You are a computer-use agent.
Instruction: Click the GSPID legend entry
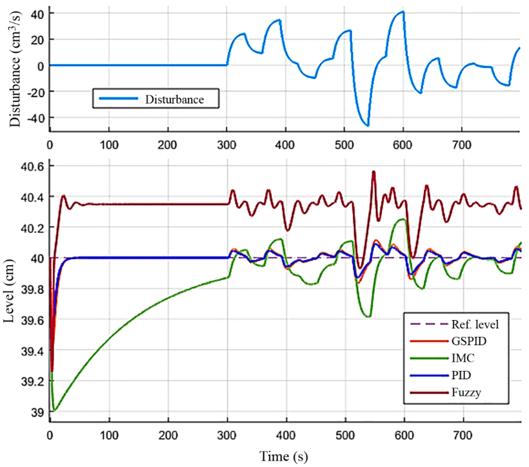click(x=469, y=341)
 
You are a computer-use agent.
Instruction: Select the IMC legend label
click(x=463, y=358)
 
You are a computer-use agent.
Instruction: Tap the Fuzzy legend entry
click(x=466, y=392)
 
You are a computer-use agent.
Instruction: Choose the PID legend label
click(x=461, y=375)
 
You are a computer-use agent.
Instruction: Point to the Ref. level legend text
click(x=475, y=324)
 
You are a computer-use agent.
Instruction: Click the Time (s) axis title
click(x=284, y=456)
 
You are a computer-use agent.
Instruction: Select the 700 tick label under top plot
click(x=462, y=145)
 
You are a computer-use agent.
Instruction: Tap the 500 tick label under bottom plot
click(x=345, y=435)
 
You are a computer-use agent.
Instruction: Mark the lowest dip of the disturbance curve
click(x=368, y=126)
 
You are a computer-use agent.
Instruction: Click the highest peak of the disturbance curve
click(x=403, y=12)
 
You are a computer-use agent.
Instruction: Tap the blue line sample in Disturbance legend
click(x=119, y=98)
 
